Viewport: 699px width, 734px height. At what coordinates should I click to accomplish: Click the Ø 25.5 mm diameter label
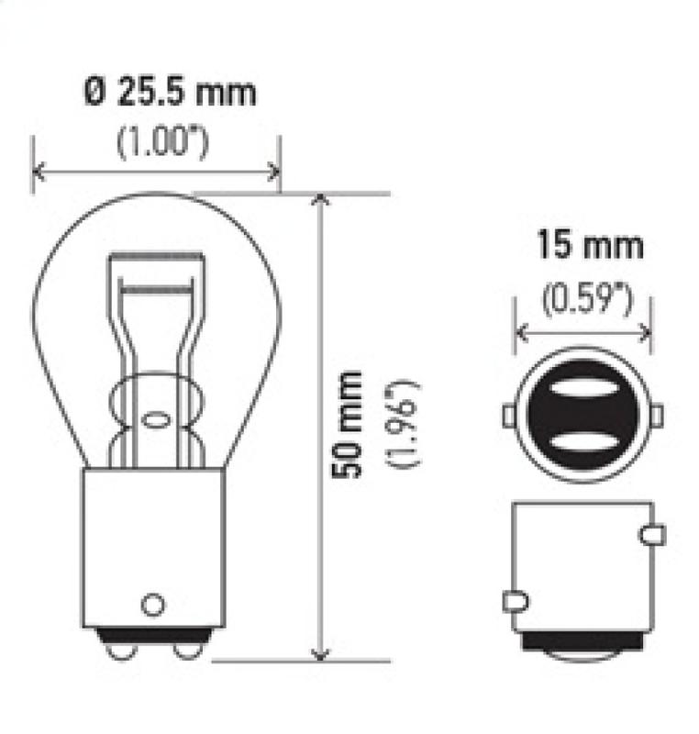tap(170, 92)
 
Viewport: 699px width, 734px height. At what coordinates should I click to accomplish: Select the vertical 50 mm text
tap(348, 424)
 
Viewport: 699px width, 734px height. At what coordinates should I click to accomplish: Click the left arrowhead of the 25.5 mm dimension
tap(39, 171)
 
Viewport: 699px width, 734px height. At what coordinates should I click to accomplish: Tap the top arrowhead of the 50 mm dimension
tap(319, 200)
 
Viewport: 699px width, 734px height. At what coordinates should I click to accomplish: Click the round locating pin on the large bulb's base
tap(153, 605)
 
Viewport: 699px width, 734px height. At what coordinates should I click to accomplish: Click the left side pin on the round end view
tap(509, 416)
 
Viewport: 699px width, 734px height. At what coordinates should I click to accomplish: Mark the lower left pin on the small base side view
tap(516, 602)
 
